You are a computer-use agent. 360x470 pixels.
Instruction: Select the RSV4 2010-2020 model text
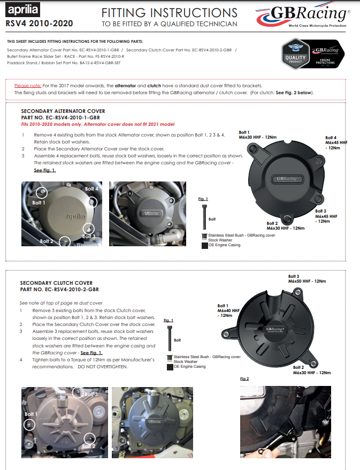pos(40,24)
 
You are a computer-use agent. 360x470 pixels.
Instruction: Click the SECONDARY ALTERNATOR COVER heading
pos(63,111)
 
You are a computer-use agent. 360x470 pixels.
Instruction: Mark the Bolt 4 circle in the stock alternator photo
pos(93,201)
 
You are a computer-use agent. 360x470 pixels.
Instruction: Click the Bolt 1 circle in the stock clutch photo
pos(29,424)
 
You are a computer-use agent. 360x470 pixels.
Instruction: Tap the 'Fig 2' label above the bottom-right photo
pos(245,378)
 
